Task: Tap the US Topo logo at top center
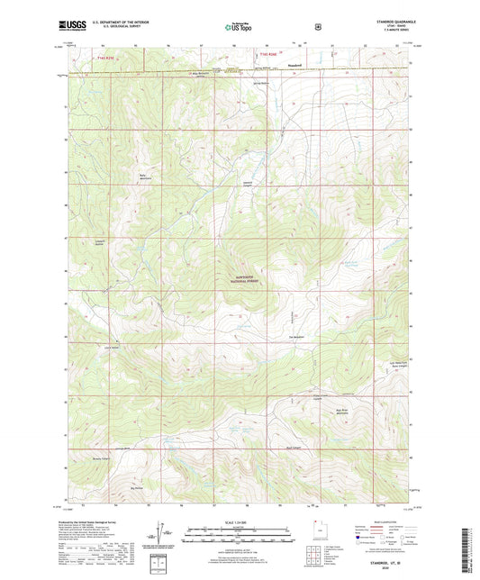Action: click(240, 28)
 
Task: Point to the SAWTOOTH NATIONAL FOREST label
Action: click(243, 280)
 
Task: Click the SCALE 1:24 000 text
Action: click(239, 522)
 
